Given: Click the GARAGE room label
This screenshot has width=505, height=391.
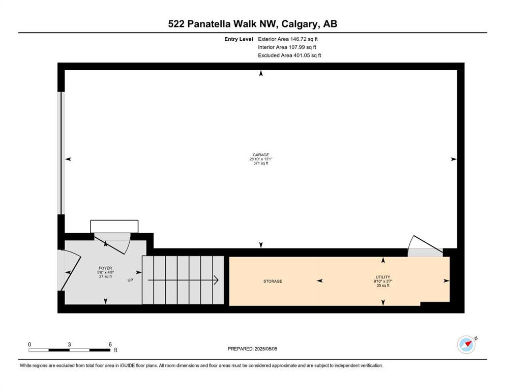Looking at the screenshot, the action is pyautogui.click(x=260, y=155).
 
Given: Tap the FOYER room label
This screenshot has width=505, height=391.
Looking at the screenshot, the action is pyautogui.click(x=105, y=268).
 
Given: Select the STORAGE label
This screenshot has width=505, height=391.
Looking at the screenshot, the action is pyautogui.click(x=273, y=281).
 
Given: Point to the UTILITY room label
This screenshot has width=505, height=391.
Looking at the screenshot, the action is pyautogui.click(x=382, y=277).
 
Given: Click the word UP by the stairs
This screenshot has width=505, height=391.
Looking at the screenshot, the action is pyautogui.click(x=130, y=280).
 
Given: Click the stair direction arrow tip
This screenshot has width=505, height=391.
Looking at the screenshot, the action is pyautogui.click(x=219, y=280).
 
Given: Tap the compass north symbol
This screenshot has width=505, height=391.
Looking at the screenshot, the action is pyautogui.click(x=467, y=344).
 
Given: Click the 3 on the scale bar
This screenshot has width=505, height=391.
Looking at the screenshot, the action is pyautogui.click(x=69, y=344).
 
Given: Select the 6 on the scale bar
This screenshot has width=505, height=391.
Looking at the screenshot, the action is pyautogui.click(x=110, y=344).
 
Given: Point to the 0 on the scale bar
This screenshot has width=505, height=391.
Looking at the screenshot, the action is pyautogui.click(x=29, y=344).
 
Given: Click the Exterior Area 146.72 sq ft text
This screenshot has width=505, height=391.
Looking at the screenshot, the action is pyautogui.click(x=288, y=39).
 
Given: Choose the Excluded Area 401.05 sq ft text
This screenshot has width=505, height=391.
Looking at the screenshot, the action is pyautogui.click(x=289, y=55).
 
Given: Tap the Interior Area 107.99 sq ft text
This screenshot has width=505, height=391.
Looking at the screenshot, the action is pyautogui.click(x=287, y=47).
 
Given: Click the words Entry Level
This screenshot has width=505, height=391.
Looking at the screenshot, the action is pyautogui.click(x=239, y=39).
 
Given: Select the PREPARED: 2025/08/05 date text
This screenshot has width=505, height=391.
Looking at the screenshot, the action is pyautogui.click(x=252, y=349).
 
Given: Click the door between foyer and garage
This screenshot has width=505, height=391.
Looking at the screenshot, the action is pyautogui.click(x=112, y=243).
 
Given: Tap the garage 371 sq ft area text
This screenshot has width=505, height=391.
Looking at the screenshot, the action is pyautogui.click(x=260, y=163).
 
